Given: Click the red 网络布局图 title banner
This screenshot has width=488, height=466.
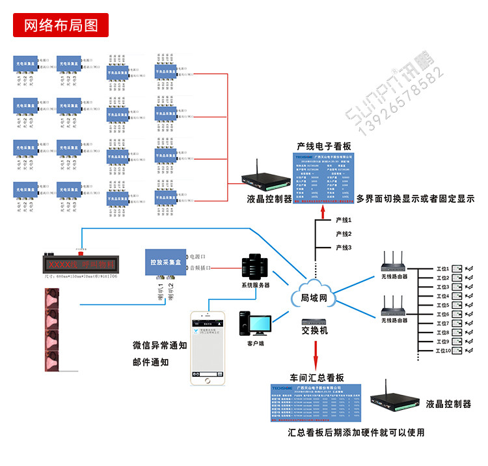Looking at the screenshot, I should tap(61, 25).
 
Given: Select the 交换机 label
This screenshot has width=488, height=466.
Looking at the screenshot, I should tap(315, 331).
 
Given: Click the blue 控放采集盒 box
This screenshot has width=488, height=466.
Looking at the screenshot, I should tap(165, 262).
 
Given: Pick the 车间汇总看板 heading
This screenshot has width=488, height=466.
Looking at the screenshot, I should tap(317, 378).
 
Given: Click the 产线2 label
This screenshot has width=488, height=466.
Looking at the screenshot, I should tap(344, 234).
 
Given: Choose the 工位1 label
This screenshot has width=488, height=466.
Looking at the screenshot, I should tap(442, 269).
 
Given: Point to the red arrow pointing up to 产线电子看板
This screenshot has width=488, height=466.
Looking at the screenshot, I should tap(323, 207).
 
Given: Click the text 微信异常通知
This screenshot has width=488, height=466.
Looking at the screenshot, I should tap(159, 346).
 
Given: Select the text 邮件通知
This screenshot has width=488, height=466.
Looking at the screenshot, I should tap(151, 362).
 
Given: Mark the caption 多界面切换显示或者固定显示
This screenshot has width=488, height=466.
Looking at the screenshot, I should tap(415, 198).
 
